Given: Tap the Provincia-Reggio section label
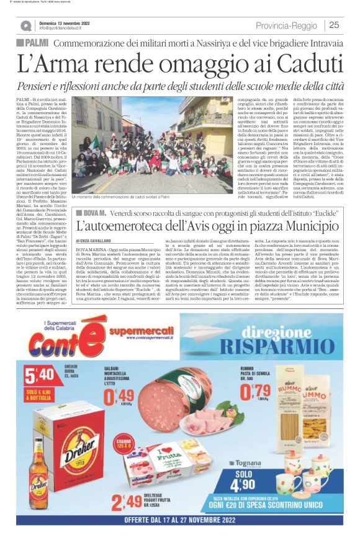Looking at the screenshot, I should click(x=287, y=25).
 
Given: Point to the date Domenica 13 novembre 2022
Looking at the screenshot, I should click(x=64, y=22).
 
